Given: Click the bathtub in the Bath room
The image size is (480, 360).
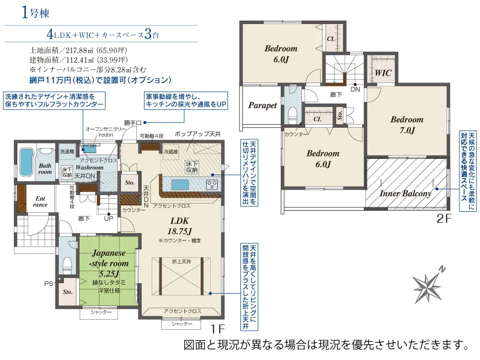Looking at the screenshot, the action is pyautogui.click(x=26, y=162).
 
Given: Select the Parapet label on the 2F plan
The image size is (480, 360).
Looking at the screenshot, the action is pyautogui.click(x=263, y=105).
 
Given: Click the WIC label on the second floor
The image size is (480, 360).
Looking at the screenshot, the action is pyautogui.click(x=383, y=73).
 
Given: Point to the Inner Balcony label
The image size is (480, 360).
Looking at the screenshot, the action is pyautogui.click(x=405, y=193).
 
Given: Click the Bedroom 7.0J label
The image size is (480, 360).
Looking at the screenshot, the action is pyautogui.click(x=407, y=125).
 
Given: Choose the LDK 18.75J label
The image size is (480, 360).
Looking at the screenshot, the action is pyautogui.click(x=180, y=226).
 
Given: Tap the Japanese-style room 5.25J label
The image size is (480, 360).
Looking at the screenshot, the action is pyautogui.click(x=108, y=263).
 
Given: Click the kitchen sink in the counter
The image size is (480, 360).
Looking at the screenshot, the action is pyautogui.click(x=180, y=185).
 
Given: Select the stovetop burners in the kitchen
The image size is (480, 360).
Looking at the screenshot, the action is pyautogui.click(x=212, y=185).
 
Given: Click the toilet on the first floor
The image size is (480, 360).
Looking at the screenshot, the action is pyautogui.click(x=67, y=265).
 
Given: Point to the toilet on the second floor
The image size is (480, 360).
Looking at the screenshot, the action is pyautogui.click(x=293, y=115).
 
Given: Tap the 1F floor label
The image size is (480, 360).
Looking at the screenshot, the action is pyautogui.click(x=217, y=329).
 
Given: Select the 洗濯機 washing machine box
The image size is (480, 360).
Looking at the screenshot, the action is pyautogui.click(x=66, y=152).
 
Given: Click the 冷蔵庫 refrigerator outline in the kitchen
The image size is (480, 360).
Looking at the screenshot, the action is pyautogui.click(x=170, y=152).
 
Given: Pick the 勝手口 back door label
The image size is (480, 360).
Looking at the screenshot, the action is pyautogui.click(x=133, y=123).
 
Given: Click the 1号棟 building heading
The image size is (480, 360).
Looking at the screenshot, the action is pyautogui.click(x=36, y=13).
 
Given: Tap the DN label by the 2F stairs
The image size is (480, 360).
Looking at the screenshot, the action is pyautogui.click(x=355, y=90).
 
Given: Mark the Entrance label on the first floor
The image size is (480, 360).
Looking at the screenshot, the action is pyautogui.click(x=40, y=202).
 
